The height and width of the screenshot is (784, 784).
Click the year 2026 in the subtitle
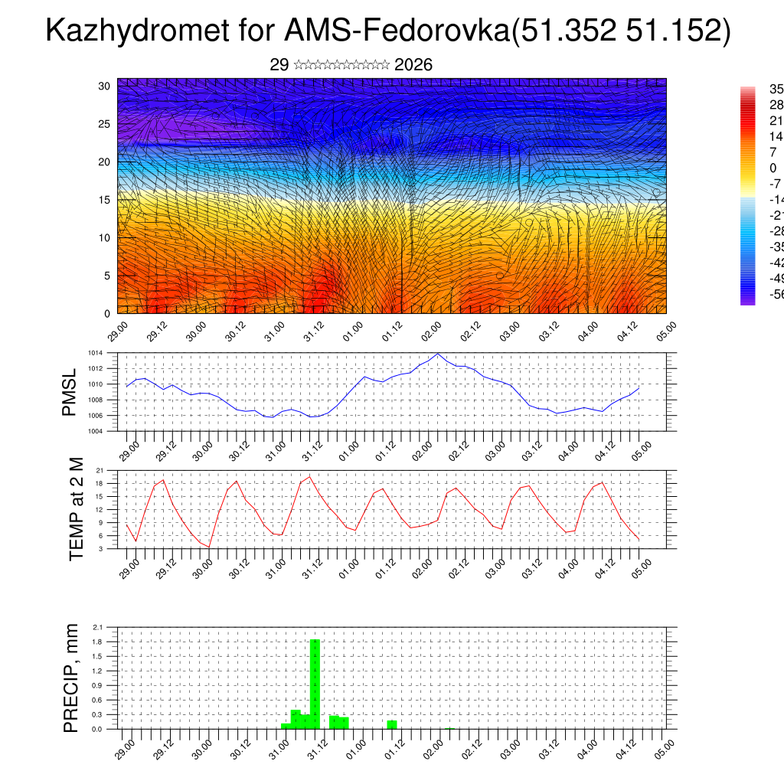(x=413, y=65)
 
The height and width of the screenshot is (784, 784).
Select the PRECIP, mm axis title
(x=71, y=677)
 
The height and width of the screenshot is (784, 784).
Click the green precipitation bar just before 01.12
(x=392, y=724)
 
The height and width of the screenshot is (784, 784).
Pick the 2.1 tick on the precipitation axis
(x=97, y=627)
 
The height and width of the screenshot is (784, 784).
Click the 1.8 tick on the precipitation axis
(x=97, y=642)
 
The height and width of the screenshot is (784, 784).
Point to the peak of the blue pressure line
(x=437, y=354)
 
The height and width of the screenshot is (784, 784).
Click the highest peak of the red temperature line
(x=309, y=477)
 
